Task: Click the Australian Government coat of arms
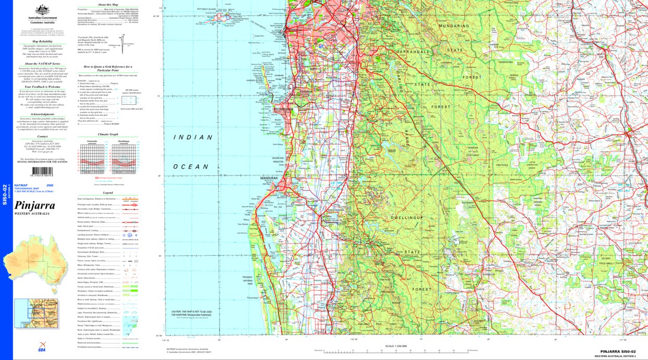[42, 10]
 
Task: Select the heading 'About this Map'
[108, 4]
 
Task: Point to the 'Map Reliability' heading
[42, 41]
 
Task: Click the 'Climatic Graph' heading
[108, 134]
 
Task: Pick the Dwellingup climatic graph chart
[124, 158]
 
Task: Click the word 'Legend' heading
[108, 193]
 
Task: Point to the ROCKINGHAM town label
[283, 110]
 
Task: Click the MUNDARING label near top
[454, 25]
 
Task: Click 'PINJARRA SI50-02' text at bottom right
[618, 352]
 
